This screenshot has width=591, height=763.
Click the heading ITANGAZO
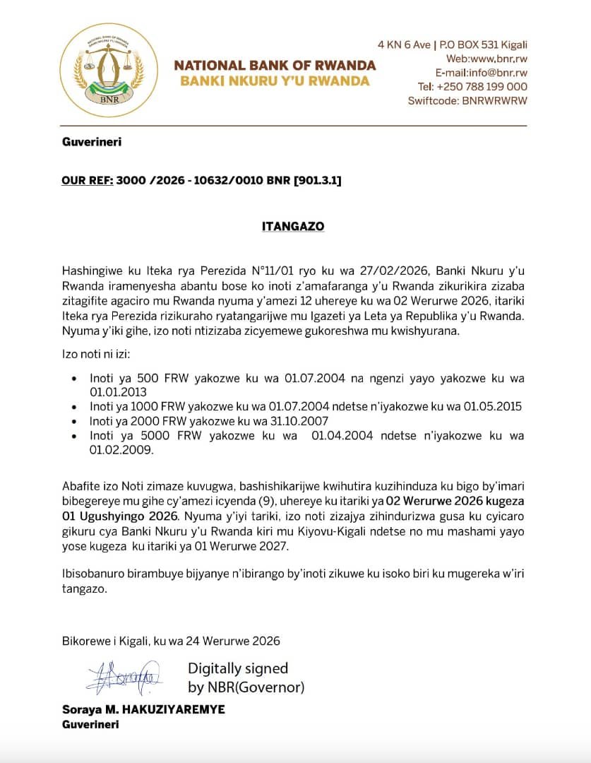[294, 227]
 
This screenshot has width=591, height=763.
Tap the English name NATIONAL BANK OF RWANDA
[275, 66]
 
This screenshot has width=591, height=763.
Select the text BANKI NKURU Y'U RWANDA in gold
[275, 81]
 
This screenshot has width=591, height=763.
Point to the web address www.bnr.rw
[498, 59]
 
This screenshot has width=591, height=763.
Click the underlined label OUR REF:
[87, 181]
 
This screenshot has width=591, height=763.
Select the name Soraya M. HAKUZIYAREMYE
[143, 709]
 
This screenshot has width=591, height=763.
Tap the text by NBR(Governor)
[246, 687]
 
